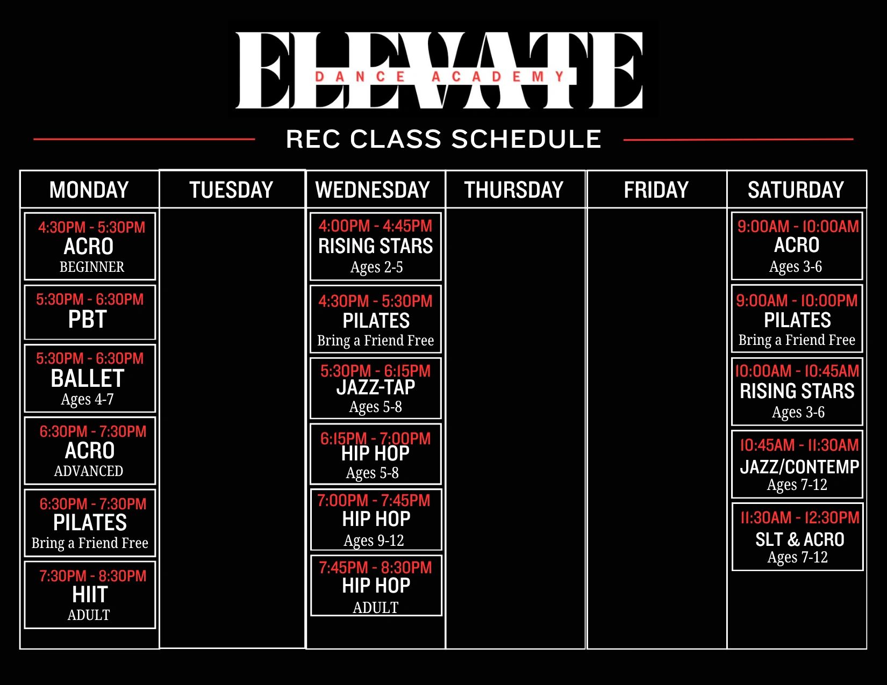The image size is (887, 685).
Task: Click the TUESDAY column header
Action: click(x=231, y=190)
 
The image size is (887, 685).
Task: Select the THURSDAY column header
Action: click(x=513, y=190)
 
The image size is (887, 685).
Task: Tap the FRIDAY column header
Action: click(x=656, y=190)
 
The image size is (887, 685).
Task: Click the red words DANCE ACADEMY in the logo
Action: click(x=440, y=76)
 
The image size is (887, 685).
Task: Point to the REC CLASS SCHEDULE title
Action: click(x=443, y=139)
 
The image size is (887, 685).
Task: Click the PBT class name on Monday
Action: click(x=87, y=319)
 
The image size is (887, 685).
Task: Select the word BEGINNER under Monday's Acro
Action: click(x=92, y=267)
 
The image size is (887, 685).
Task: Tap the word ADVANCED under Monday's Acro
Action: click(x=89, y=471)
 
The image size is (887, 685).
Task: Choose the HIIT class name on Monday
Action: click(x=90, y=594)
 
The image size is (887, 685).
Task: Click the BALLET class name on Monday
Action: click(x=87, y=378)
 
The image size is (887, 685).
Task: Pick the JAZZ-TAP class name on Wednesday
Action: click(x=376, y=387)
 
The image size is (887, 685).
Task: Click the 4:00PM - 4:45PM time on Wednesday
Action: click(x=376, y=226)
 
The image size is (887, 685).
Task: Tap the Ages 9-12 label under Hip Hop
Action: click(x=374, y=540)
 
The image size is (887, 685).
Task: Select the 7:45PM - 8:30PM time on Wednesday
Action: click(x=376, y=567)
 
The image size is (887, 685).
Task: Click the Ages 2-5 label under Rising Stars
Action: click(x=376, y=267)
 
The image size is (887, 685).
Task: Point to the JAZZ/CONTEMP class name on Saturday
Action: click(x=800, y=467)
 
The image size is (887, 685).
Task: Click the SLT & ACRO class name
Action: click(x=800, y=539)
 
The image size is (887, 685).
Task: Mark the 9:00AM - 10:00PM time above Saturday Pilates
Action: click(x=797, y=301)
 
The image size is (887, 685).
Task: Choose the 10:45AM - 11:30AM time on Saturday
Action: click(x=799, y=445)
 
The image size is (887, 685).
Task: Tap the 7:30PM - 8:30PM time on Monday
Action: click(x=92, y=575)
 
